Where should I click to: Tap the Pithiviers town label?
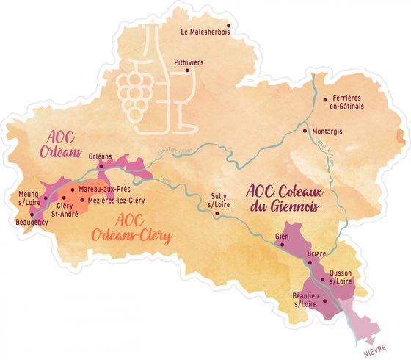click(x=189, y=63)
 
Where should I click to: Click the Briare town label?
click(x=316, y=253)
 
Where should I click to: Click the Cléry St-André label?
click(x=68, y=209)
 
